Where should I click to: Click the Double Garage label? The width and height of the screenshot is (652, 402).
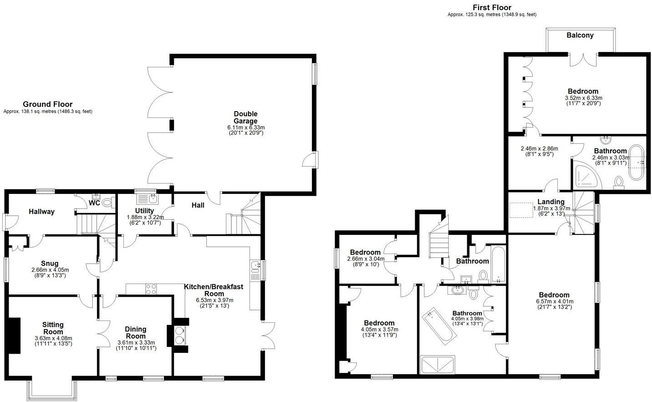click(x=245, y=117)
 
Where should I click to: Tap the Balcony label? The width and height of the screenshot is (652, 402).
click(x=580, y=36)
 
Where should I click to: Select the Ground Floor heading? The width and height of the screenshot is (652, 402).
click(x=47, y=104)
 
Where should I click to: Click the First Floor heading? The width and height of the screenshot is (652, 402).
click(x=492, y=7)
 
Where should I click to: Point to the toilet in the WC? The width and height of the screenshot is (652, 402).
click(x=107, y=202)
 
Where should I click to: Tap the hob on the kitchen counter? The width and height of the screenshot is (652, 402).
click(x=151, y=289)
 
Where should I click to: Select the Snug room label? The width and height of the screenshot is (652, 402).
click(x=50, y=263)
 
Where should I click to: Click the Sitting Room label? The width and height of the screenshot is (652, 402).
click(x=53, y=328)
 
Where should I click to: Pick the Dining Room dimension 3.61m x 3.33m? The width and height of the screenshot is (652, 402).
click(x=136, y=342)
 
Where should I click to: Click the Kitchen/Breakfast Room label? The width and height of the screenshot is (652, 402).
click(x=214, y=290)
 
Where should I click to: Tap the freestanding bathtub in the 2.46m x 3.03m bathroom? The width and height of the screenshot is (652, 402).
click(x=636, y=162)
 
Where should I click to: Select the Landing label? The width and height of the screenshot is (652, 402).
click(x=550, y=202)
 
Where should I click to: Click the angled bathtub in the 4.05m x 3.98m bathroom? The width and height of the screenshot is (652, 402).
click(x=439, y=326)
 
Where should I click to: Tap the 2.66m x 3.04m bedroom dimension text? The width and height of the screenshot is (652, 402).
click(x=365, y=259)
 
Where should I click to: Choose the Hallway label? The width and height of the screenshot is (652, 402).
click(x=41, y=212)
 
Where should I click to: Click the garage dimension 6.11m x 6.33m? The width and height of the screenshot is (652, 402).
click(x=245, y=127)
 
